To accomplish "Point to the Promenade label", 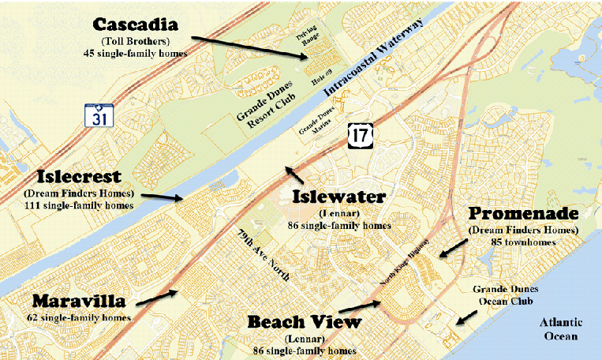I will click(524, 215).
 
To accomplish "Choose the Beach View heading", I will click(304, 322).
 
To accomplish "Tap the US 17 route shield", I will click(360, 136).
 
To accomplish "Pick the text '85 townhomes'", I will click(524, 242).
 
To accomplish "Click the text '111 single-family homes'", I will click(72, 204).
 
